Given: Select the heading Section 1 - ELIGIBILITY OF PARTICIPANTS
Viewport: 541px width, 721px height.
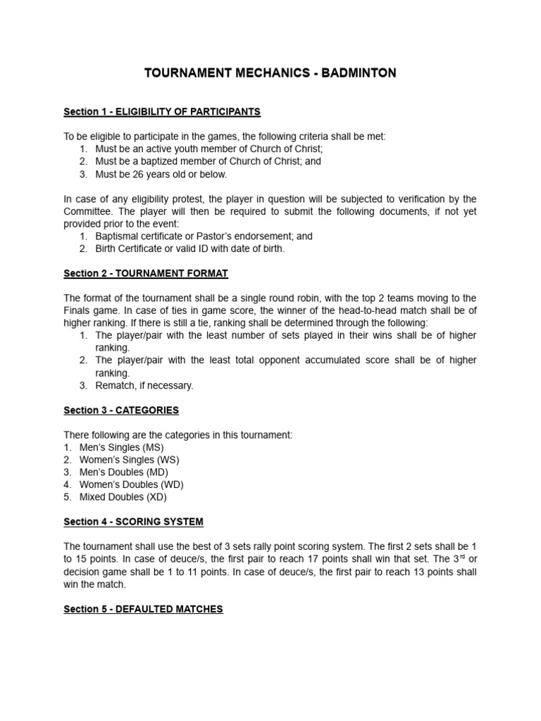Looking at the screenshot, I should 162,111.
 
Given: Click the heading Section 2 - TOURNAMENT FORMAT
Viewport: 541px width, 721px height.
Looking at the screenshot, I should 146,273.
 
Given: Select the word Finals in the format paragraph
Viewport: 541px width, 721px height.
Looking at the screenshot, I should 77,311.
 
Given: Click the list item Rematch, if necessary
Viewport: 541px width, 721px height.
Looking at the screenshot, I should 144,385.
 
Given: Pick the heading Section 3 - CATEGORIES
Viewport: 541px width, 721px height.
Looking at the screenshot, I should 121,410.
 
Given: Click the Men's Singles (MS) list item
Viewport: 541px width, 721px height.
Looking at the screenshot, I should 122,447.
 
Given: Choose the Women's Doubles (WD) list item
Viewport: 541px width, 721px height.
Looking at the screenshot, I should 132,484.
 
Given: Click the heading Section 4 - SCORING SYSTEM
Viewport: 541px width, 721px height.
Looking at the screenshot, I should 133,522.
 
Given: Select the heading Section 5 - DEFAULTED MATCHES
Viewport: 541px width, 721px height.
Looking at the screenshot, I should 143,608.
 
